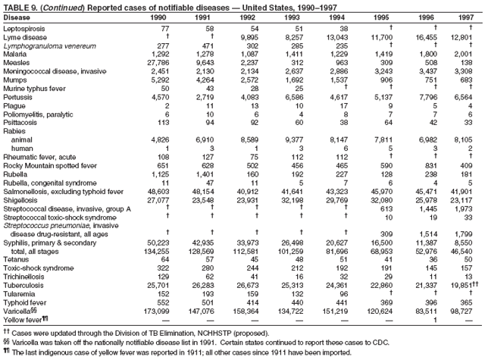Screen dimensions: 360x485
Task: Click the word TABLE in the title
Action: (15, 5)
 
